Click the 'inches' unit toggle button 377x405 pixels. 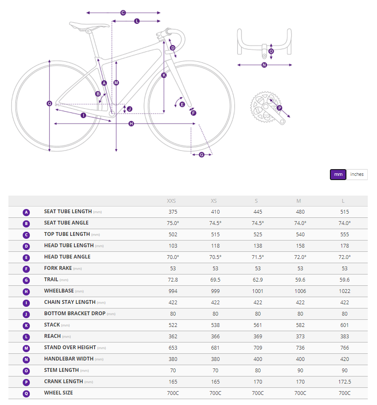pyautogui.click(x=357, y=174)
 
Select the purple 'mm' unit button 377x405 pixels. pyautogui.click(x=338, y=174)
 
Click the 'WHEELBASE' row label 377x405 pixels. pyautogui.click(x=59, y=291)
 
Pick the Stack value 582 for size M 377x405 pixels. pyautogui.click(x=300, y=325)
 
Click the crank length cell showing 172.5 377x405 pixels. pyautogui.click(x=344, y=381)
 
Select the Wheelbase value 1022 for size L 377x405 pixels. pyautogui.click(x=344, y=291)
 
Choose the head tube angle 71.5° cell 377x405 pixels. pyautogui.click(x=258, y=257)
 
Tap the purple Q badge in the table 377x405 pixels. pyautogui.click(x=26, y=393)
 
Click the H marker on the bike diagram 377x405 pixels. pyautogui.click(x=131, y=124)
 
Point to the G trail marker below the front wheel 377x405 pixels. pyautogui.click(x=202, y=155)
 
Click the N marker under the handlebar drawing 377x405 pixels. pyautogui.click(x=264, y=65)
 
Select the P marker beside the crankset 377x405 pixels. pyautogui.click(x=279, y=108)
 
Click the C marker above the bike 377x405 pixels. pyautogui.click(x=123, y=13)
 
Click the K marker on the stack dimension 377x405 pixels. pyautogui.click(x=164, y=75)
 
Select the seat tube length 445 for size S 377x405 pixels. pyautogui.click(x=258, y=212)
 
